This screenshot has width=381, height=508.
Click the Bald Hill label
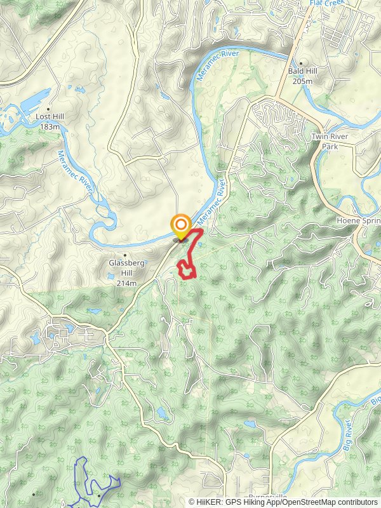(x=302, y=72)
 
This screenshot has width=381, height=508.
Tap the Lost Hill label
(x=51, y=117)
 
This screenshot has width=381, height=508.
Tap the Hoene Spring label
(x=358, y=221)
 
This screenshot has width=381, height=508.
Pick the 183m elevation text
(x=50, y=126)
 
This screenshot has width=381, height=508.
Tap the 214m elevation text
(x=126, y=283)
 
